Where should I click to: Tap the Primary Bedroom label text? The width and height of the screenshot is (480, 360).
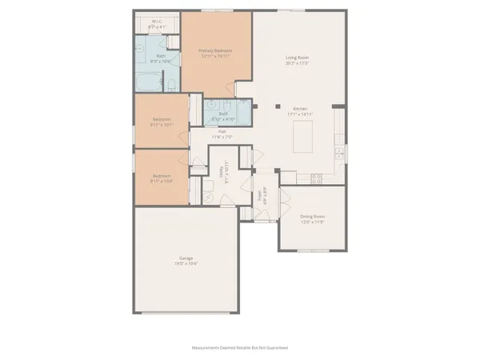pos(214,51)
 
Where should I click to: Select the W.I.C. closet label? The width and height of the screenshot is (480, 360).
pos(158,22)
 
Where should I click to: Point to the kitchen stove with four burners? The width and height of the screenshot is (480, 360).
pos(315,177)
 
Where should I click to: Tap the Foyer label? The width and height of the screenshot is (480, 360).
pos(261,196)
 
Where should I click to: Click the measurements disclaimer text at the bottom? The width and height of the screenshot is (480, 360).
pos(239,348)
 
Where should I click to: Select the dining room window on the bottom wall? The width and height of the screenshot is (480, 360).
pos(313,251)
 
